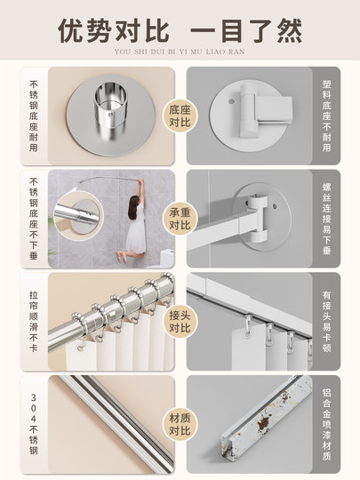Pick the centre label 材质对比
click(x=180, y=425)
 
